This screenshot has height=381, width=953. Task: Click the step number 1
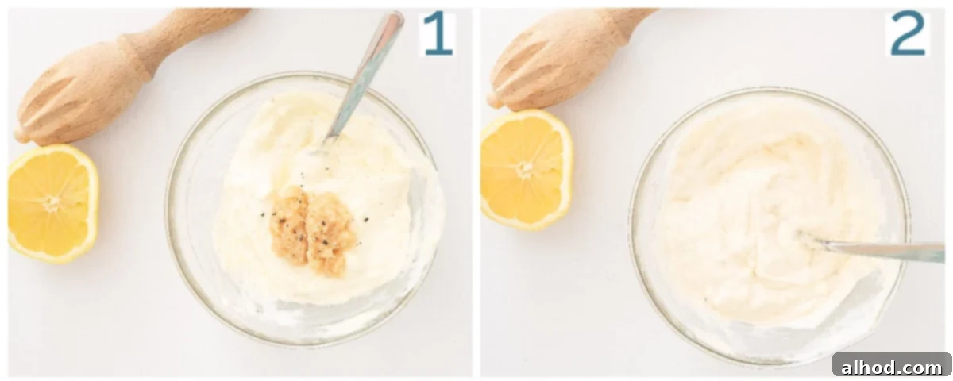438,33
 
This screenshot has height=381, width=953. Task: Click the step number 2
908,33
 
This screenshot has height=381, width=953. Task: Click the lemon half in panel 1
52,203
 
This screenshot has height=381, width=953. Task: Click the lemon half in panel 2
527,170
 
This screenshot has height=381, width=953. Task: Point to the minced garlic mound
313,231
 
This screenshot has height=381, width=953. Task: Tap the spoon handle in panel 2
881,251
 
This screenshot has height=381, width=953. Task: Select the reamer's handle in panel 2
630,21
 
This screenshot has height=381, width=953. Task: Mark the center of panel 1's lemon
52,202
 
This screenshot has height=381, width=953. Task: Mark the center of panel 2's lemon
525,169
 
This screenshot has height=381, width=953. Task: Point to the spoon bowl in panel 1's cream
321,147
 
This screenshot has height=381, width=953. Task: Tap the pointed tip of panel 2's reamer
492,102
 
